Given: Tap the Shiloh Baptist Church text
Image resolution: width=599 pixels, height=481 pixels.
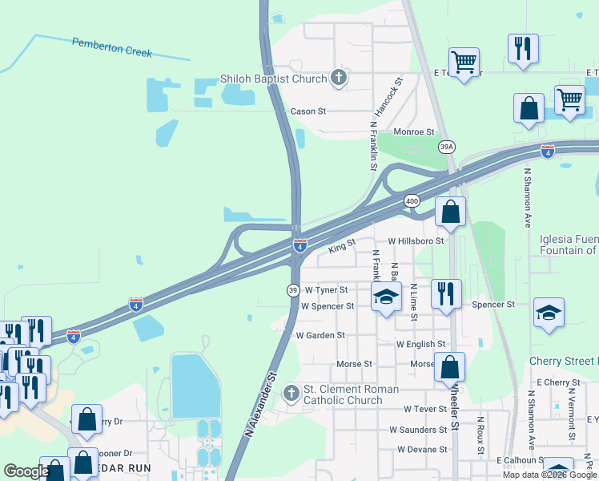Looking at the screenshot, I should pyautogui.click(x=273, y=79).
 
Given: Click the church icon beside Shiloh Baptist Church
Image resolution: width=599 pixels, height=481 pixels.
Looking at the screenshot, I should pyautogui.click(x=339, y=78).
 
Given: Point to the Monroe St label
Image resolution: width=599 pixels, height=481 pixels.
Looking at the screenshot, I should pyautogui.click(x=413, y=131).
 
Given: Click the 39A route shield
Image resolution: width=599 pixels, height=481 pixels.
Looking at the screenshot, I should pyautogui.click(x=447, y=147).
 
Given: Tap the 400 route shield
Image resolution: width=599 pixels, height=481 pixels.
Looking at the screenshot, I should pyautogui.click(x=412, y=200).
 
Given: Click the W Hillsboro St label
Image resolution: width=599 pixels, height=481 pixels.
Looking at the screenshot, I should pyautogui.click(x=416, y=240).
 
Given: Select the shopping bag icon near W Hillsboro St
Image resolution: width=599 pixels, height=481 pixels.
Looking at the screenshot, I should pyautogui.click(x=451, y=212).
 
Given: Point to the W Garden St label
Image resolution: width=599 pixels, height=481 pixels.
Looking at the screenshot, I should pyautogui.click(x=320, y=335).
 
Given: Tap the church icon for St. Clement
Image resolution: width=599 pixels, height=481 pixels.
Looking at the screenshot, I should pyautogui.click(x=291, y=393).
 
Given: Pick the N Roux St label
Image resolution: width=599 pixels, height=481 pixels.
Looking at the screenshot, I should pyautogui.click(x=480, y=435).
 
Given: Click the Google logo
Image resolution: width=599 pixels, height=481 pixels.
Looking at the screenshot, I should pyautogui.click(x=26, y=471).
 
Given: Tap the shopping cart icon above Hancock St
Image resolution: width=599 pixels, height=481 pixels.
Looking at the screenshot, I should pyautogui.click(x=464, y=61).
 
